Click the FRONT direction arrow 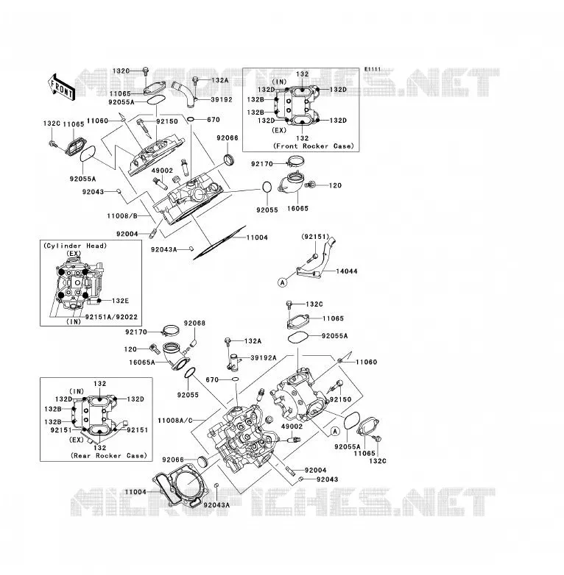[61, 87]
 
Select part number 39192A [264, 358]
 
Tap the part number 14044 [347, 271]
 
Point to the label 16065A [142, 362]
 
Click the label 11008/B [122, 216]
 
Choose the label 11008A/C [175, 421]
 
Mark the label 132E [121, 301]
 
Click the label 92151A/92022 [111, 317]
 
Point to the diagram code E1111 [373, 69]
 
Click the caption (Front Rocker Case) [314, 146]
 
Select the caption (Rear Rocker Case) [109, 455]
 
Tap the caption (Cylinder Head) [75, 246]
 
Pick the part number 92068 [194, 323]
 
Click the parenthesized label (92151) [315, 237]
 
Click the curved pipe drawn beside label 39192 [184, 93]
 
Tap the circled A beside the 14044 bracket [282, 282]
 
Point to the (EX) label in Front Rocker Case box [279, 130]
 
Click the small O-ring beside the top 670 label [191, 119]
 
